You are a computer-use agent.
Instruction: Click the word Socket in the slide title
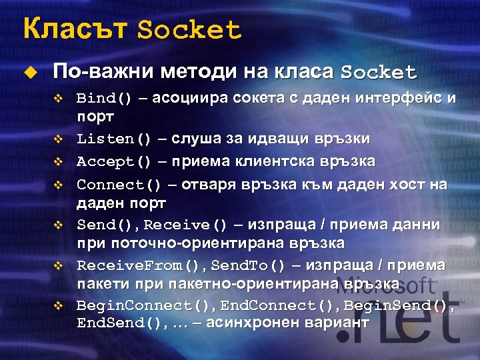click(189, 30)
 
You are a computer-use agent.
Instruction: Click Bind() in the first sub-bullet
click(105, 99)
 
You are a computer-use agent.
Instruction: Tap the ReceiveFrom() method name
click(138, 265)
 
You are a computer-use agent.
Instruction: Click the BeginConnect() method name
click(138, 305)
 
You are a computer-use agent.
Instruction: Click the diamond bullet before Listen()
click(57, 140)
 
